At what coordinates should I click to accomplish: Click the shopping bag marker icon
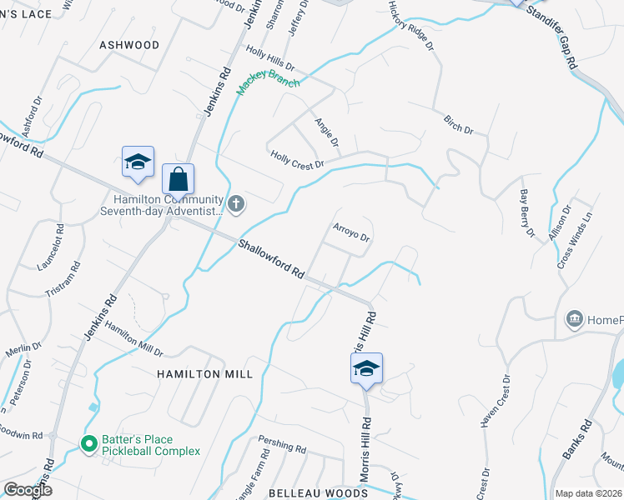178,178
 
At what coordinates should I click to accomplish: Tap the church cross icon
236,202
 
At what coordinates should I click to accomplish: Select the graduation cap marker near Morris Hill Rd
366,368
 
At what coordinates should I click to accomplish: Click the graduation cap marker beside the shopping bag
138,162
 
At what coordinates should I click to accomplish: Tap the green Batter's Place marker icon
88,444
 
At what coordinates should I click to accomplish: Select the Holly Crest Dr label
296,159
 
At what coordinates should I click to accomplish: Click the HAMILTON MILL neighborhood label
204,375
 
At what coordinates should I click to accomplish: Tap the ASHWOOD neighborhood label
129,44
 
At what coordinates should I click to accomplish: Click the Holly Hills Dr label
270,58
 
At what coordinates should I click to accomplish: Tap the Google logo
28,490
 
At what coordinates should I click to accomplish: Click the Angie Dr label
326,132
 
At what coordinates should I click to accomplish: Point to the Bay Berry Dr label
526,213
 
